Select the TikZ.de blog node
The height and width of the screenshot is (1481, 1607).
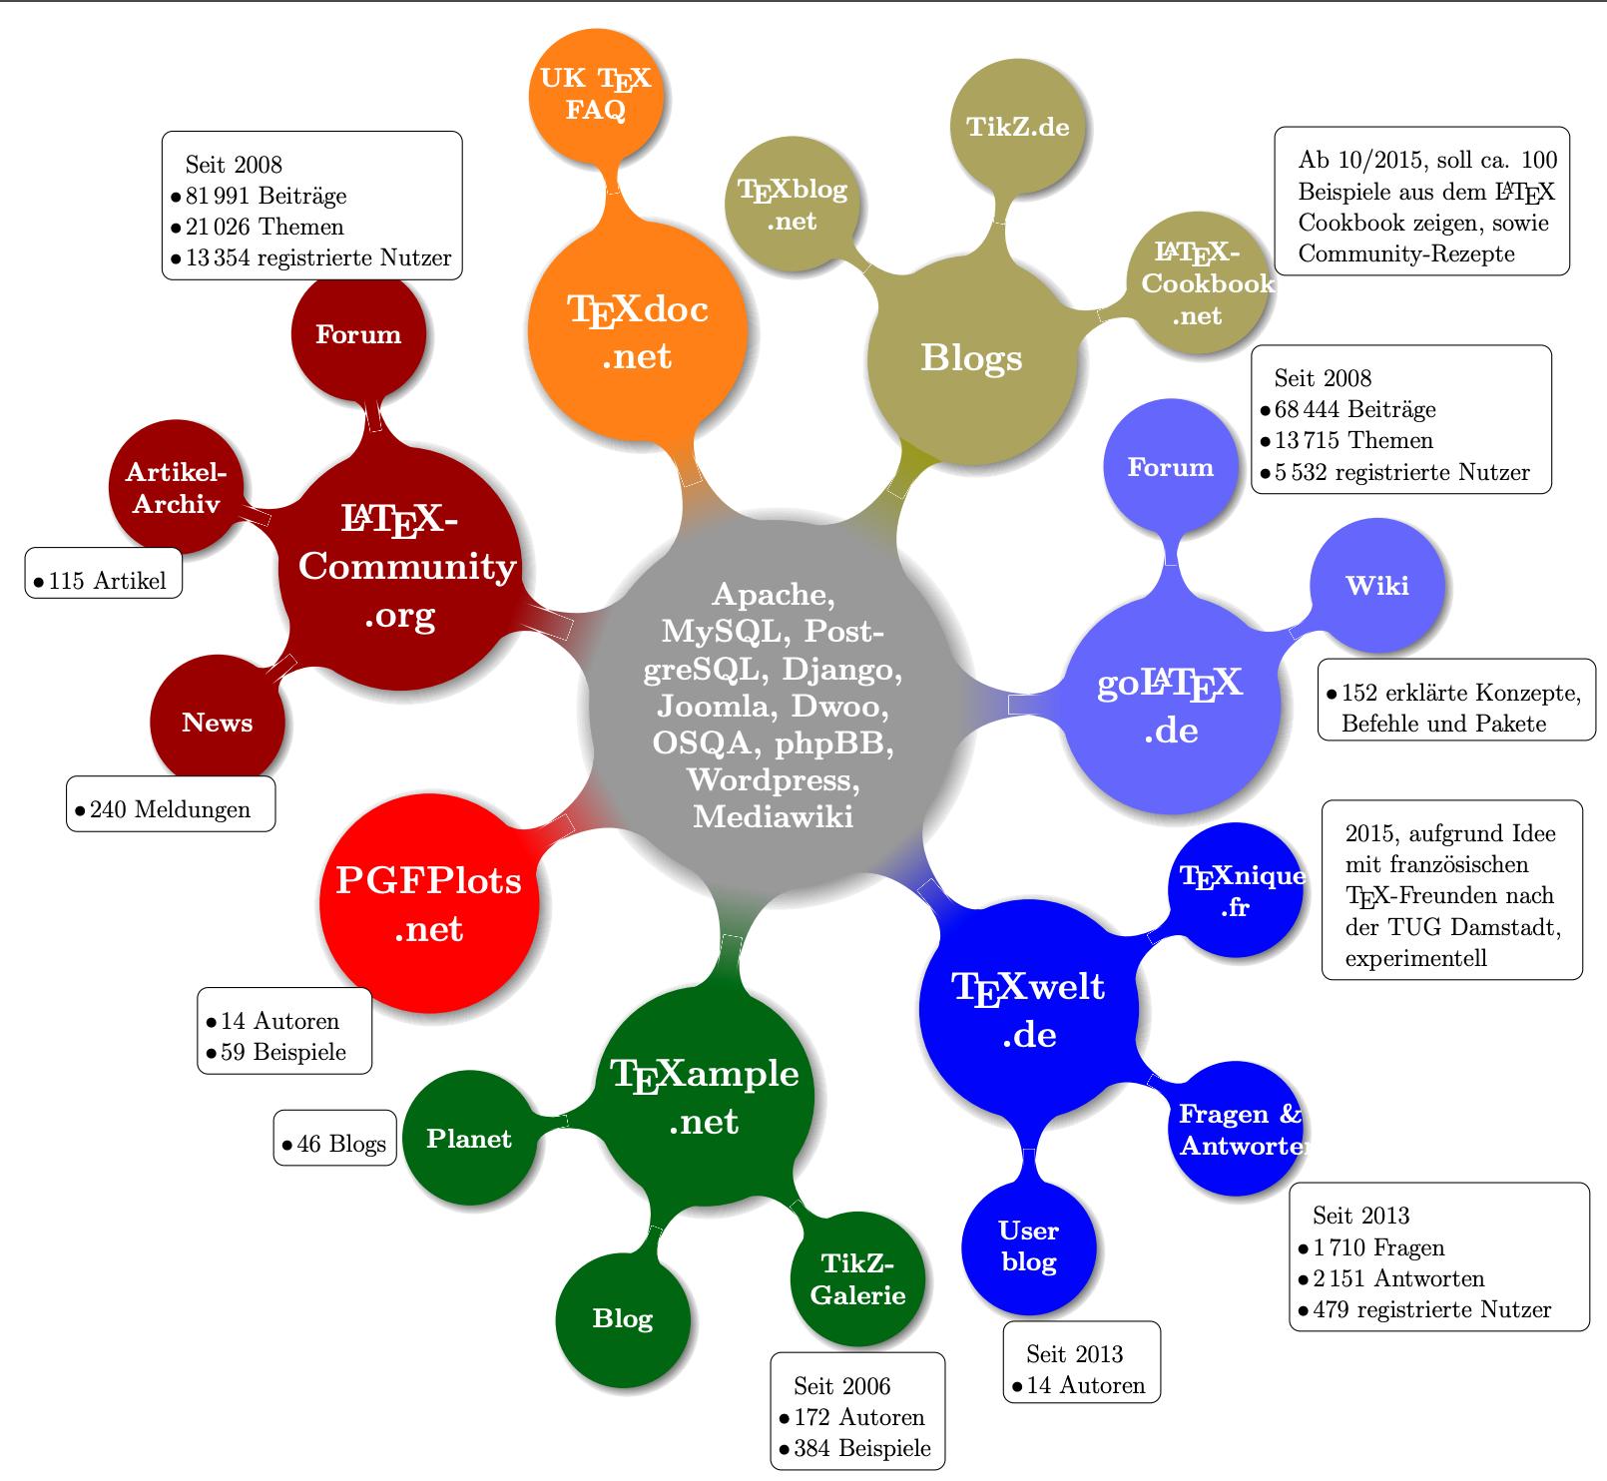(1018, 128)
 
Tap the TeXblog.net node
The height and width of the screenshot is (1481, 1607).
(792, 205)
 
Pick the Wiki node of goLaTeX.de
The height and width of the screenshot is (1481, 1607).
(1376, 586)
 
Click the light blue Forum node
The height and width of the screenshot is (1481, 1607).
(1170, 467)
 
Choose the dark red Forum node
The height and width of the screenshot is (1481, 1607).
(358, 334)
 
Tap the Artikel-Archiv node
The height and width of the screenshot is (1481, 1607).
(177, 488)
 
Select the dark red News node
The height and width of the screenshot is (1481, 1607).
(217, 723)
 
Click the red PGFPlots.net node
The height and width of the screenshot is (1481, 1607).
(429, 903)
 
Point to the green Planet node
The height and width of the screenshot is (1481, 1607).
(468, 1139)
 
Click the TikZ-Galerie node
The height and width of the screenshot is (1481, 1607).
(857, 1279)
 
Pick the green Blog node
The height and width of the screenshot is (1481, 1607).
(622, 1318)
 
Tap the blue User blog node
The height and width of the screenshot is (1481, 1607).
(1029, 1246)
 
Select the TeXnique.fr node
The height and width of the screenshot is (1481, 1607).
(1236, 890)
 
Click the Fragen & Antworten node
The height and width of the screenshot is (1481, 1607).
(1236, 1129)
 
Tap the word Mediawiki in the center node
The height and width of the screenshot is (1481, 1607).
(773, 816)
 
